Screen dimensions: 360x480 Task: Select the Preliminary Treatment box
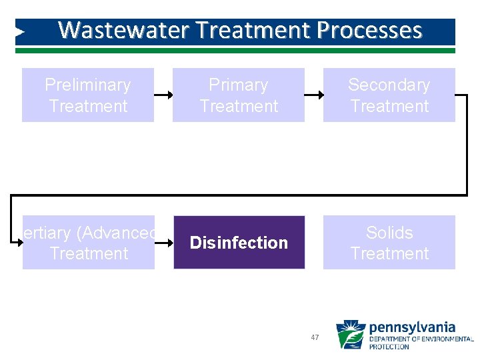pos(88,95)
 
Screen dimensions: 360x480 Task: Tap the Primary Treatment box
pos(239,95)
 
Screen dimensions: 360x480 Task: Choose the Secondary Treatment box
pos(389,95)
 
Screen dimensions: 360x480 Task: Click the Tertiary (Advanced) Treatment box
pos(89,243)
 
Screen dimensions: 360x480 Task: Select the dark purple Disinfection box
pos(239,243)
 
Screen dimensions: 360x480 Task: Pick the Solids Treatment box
pos(389,243)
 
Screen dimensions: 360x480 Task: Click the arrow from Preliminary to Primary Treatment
pos(163,95)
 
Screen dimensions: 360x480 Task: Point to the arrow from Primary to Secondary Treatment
pos(314,95)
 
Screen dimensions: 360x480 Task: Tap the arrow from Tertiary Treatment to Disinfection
pos(164,243)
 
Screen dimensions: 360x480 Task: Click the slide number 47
pos(315,338)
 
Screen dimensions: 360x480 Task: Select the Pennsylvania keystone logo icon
pos(350,335)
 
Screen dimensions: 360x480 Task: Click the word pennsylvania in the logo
pos(412,327)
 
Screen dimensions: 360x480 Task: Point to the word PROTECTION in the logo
pos(389,347)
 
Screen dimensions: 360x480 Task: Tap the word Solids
pos(389,233)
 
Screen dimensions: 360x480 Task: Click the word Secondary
pos(389,85)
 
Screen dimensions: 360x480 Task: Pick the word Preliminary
pos(88,85)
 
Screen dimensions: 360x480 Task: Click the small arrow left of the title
pos(20,31)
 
